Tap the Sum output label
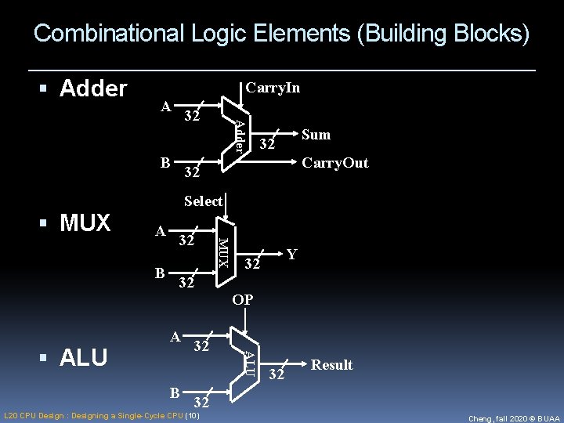(x=316, y=135)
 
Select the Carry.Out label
(x=334, y=163)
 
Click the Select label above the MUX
(x=203, y=201)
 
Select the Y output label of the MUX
(x=291, y=255)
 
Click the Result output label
(x=332, y=365)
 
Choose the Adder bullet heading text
(x=92, y=89)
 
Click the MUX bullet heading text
(x=85, y=223)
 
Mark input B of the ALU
(x=176, y=392)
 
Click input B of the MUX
(x=160, y=273)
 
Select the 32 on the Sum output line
(x=267, y=144)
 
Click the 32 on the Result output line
(x=276, y=375)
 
